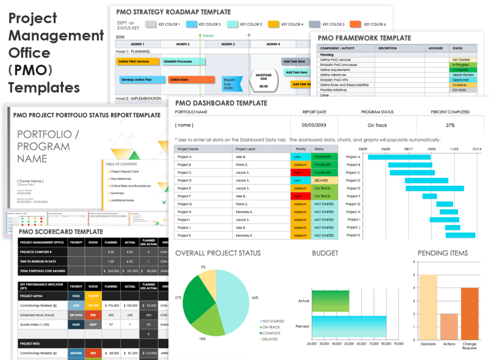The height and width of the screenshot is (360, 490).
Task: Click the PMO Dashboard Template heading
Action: click(221, 103)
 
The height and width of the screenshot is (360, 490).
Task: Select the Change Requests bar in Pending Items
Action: click(469, 314)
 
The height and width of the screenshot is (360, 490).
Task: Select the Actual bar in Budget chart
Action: click(330, 301)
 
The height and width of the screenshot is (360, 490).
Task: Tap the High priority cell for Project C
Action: click(299, 173)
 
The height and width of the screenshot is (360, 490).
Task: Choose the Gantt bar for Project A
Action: click(399, 157)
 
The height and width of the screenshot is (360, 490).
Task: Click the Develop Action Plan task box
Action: click(136, 80)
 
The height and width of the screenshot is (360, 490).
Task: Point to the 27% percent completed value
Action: click(450, 125)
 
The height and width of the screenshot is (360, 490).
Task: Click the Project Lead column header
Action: click(245, 149)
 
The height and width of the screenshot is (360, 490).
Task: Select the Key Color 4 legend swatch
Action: click(275, 25)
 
